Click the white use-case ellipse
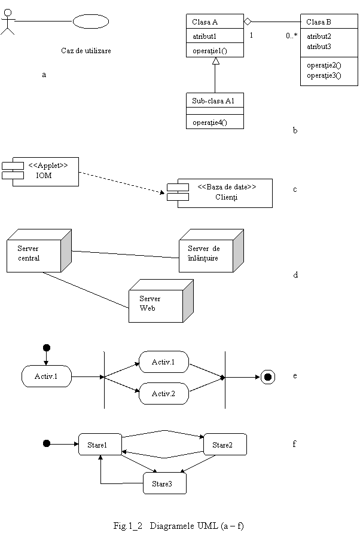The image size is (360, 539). point(91,22)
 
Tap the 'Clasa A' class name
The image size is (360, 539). point(205,22)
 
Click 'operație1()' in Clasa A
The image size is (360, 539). point(209,51)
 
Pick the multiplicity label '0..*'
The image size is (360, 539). point(291,36)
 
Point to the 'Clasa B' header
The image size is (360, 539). point(319,22)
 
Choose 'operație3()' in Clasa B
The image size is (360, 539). point(324,75)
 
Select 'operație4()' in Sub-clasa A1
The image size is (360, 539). point(209,122)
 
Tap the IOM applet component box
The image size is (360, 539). point(45,171)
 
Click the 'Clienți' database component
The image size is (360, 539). point(225,192)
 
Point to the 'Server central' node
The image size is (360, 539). point(34,254)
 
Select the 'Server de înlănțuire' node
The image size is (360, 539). point(206,254)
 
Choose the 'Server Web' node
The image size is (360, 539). point(157,304)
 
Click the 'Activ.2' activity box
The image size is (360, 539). point(163,394)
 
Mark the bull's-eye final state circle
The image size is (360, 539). point(268,376)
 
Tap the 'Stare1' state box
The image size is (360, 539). point(100,445)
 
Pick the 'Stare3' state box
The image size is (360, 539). point(164,483)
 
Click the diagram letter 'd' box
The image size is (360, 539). point(294,276)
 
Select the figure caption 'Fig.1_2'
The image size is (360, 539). point(129,527)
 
